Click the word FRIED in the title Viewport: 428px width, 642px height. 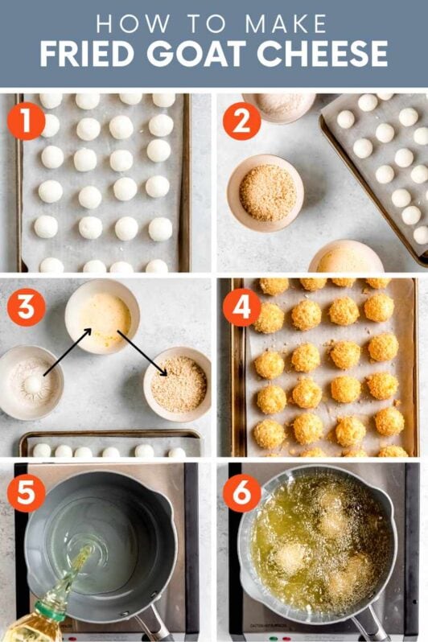[x=85, y=53]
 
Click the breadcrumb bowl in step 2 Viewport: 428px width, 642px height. [x=265, y=193]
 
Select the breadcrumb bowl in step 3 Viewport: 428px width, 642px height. [x=178, y=384]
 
